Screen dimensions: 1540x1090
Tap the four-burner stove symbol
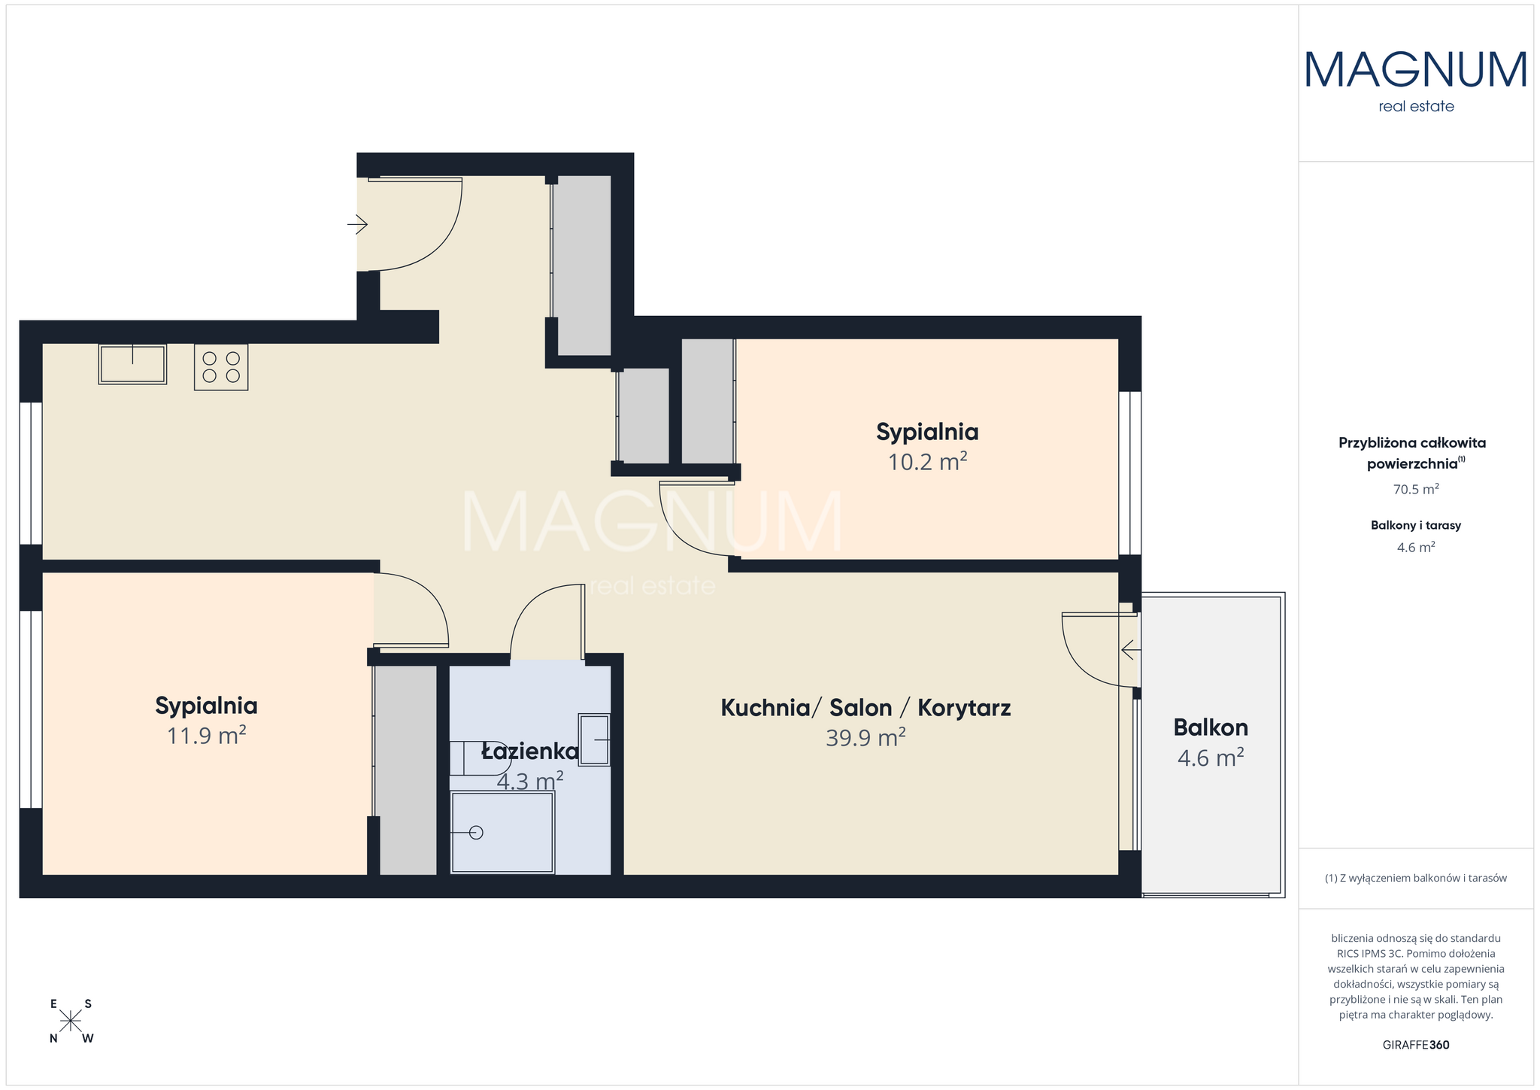point(221,366)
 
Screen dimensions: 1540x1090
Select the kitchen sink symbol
point(132,364)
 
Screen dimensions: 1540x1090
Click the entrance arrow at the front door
point(357,224)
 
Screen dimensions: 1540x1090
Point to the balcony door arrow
point(1130,648)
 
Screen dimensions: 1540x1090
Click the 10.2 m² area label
point(927,462)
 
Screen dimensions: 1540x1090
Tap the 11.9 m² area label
point(207,735)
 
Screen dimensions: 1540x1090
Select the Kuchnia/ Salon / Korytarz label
point(865,708)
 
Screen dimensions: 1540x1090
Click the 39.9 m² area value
point(865,738)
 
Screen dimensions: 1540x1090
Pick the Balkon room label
point(1211,727)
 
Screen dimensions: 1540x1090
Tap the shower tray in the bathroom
point(502,832)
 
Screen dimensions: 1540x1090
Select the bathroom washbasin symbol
point(594,740)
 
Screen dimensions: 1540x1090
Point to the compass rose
point(71,1021)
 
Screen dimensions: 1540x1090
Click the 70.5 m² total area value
point(1416,489)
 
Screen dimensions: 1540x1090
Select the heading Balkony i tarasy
point(1416,525)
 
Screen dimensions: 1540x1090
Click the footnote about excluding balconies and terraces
point(1416,878)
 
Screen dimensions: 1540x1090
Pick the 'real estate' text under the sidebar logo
point(1416,107)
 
